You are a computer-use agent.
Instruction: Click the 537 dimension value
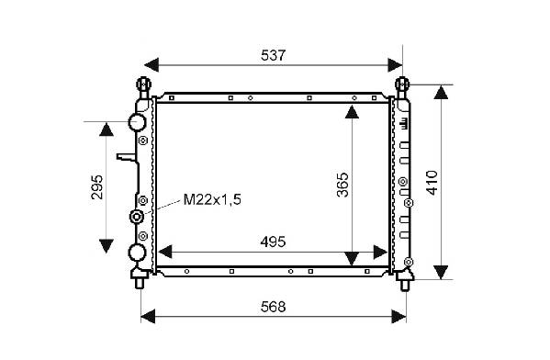pyautogui.click(x=274, y=55)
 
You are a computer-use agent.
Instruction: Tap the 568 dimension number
pyautogui.click(x=274, y=307)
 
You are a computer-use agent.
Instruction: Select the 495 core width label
pyautogui.click(x=273, y=242)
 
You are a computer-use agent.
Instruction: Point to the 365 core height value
pyautogui.click(x=342, y=185)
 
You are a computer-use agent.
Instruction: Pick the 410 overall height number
pyautogui.click(x=432, y=183)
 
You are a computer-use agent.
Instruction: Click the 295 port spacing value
pyautogui.click(x=97, y=187)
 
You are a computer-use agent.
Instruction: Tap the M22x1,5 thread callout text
pyautogui.click(x=213, y=199)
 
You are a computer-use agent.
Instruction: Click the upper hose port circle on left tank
pyautogui.click(x=137, y=122)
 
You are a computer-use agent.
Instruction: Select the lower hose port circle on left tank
pyautogui.click(x=137, y=253)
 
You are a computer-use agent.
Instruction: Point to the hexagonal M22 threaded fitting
pyautogui.click(x=137, y=216)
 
